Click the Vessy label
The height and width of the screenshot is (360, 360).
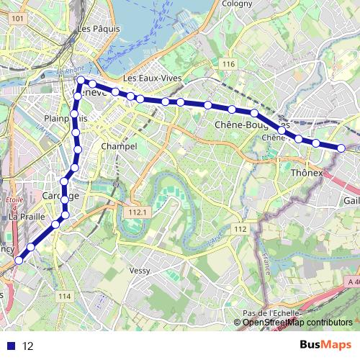tap(139, 271)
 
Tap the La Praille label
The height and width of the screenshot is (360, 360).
tap(27, 216)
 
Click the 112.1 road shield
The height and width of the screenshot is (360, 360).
tap(136, 212)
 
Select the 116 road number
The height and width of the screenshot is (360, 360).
tap(229, 65)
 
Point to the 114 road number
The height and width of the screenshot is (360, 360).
tap(65, 296)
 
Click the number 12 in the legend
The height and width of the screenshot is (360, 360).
tap(28, 346)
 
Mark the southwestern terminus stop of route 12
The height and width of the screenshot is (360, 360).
tap(19, 259)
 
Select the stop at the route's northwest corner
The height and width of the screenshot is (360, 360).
tap(81, 81)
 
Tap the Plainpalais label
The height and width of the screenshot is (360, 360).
tap(66, 118)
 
